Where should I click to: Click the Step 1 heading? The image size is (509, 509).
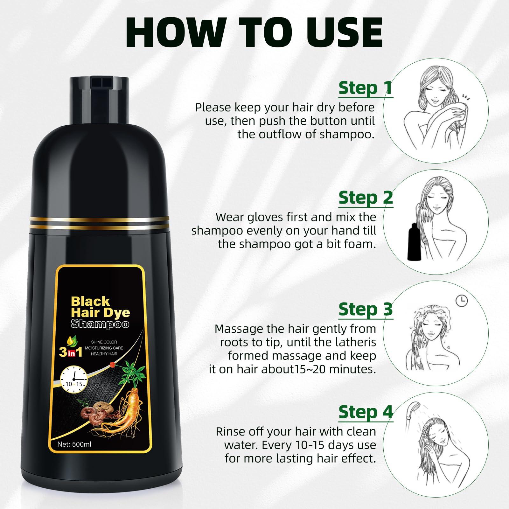tap(366, 88)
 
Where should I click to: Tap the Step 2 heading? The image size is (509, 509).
tap(366, 198)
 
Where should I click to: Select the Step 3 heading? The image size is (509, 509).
tap(366, 309)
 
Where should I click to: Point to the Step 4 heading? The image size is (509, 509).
tap(366, 412)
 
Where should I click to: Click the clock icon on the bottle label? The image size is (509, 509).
tap(73, 377)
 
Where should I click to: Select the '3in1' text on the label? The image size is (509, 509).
tap(71, 352)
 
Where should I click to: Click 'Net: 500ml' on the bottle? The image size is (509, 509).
tap(74, 444)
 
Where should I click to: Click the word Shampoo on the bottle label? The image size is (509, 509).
tap(100, 324)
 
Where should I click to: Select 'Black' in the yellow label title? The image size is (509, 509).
tap(90, 301)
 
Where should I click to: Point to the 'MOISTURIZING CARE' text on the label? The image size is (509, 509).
tap(104, 348)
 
